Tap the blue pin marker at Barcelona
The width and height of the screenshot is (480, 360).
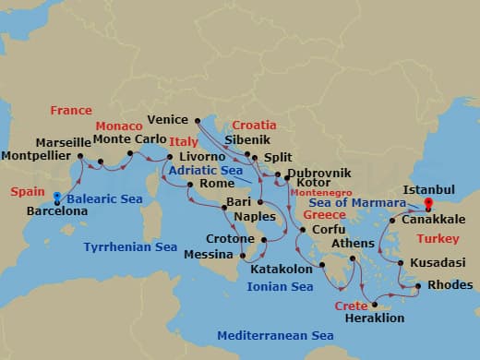coord(57,197)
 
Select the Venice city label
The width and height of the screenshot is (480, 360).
coord(168,119)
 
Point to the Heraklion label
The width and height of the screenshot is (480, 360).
coord(374,317)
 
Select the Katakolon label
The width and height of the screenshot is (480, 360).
coord(281,270)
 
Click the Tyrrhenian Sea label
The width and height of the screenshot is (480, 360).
coord(130,247)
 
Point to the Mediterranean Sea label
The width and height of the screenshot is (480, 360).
coord(275,335)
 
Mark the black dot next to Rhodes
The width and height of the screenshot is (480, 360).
coord(418,285)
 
